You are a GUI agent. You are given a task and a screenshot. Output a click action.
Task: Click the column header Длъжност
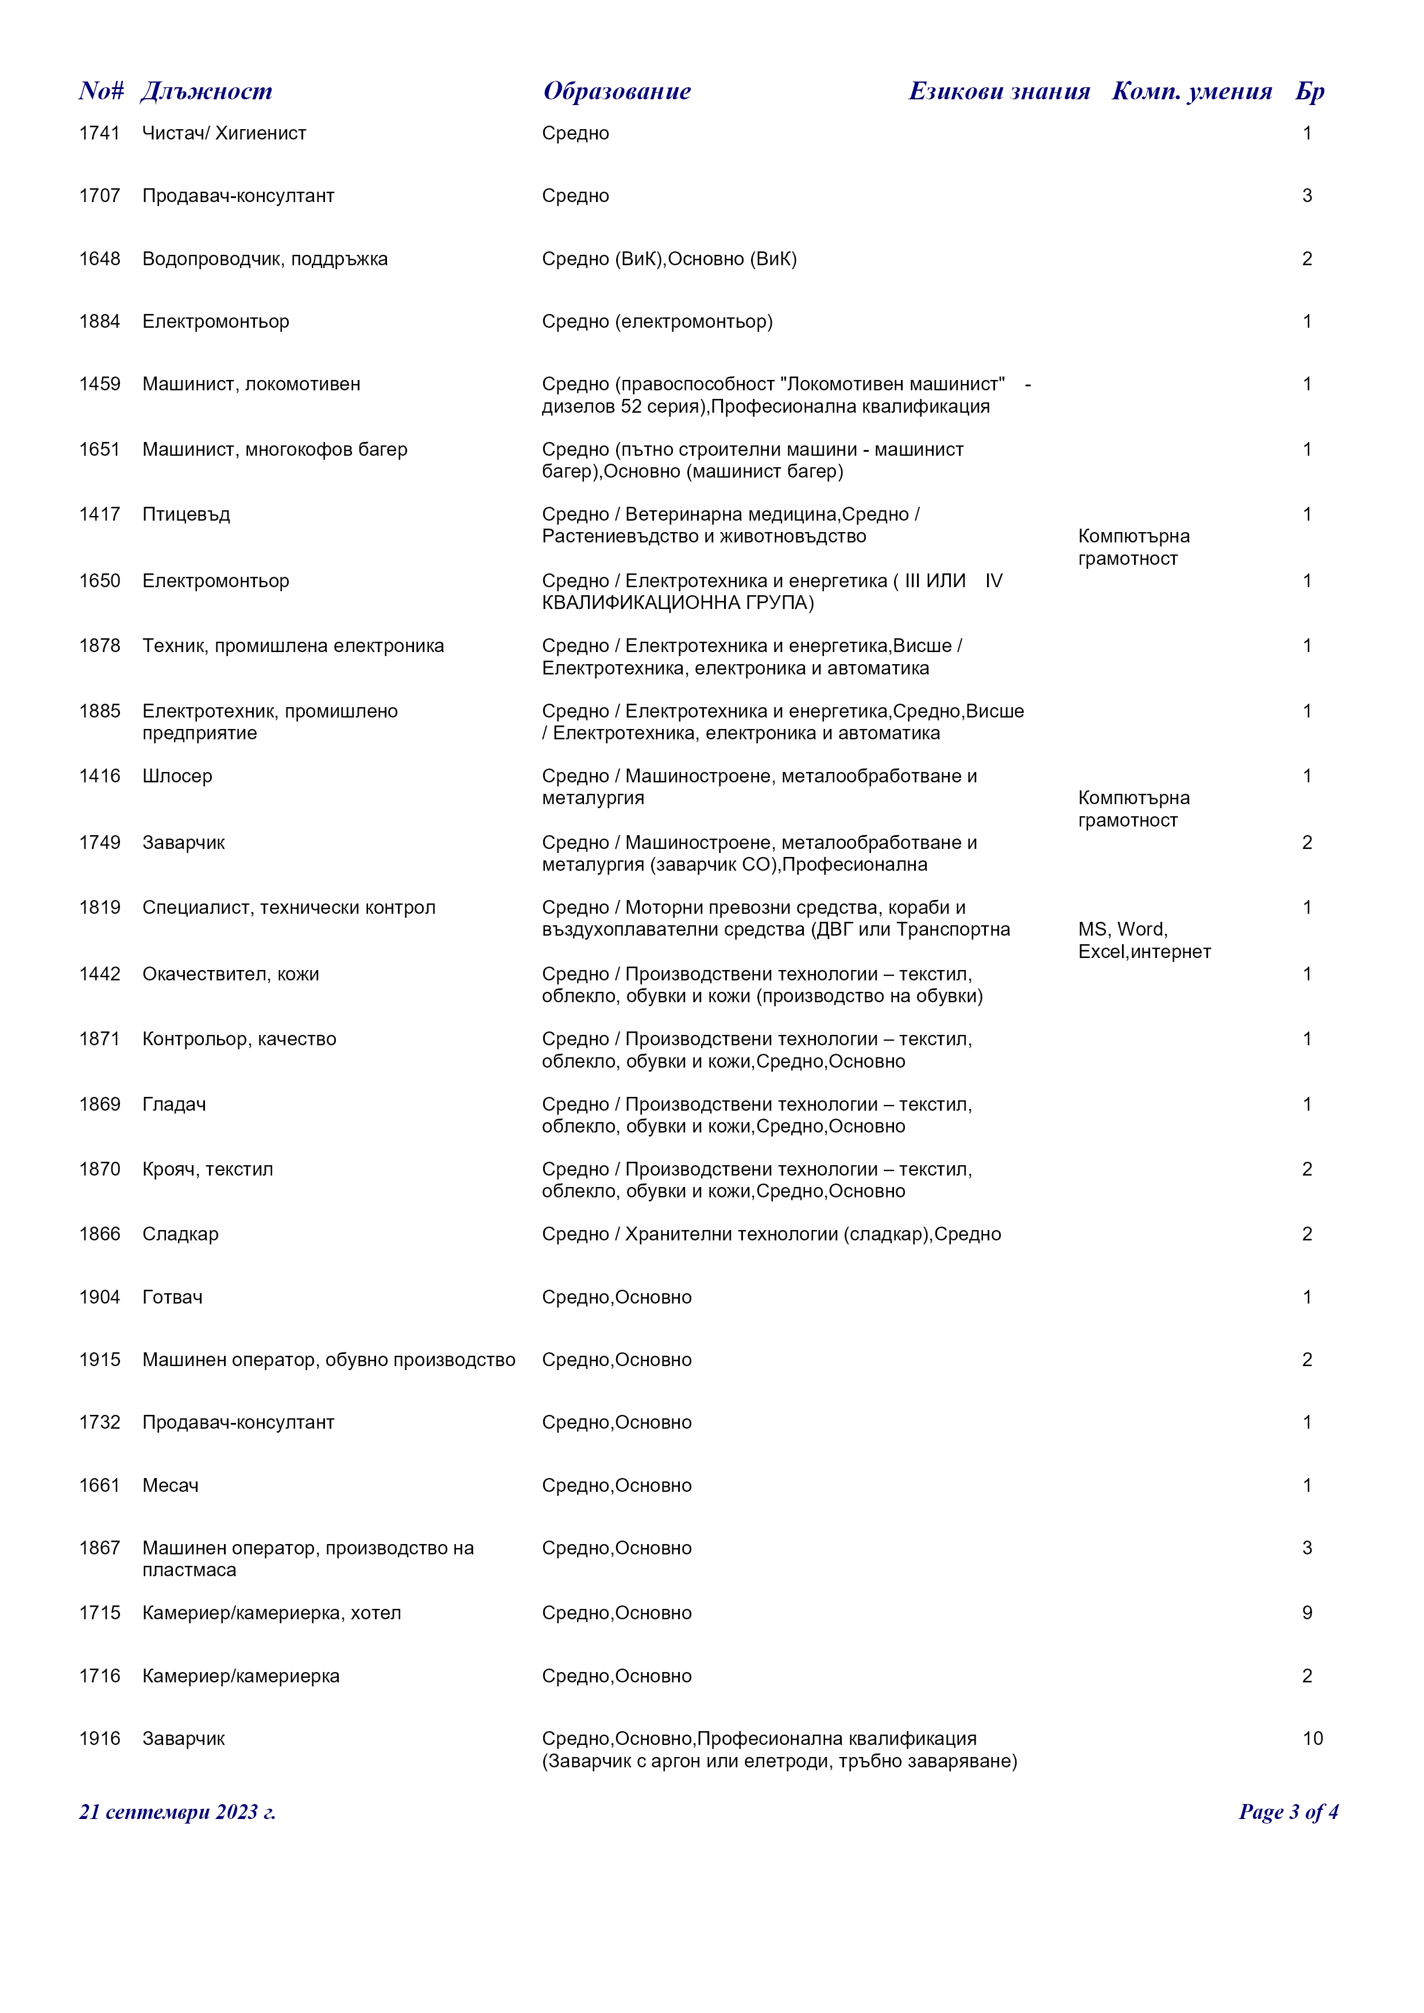click(206, 91)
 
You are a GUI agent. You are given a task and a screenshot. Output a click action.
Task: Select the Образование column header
click(617, 91)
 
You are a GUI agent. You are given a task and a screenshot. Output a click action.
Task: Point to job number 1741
click(99, 133)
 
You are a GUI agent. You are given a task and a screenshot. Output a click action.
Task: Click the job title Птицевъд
click(186, 515)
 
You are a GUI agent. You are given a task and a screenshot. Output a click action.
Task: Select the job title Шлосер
click(177, 776)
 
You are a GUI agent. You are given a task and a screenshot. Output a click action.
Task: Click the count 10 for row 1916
click(1312, 1739)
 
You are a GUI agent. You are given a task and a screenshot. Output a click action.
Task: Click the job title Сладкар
click(181, 1235)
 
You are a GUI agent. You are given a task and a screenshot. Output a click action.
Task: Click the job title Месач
click(170, 1486)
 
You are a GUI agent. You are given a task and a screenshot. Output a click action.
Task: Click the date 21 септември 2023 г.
click(177, 1812)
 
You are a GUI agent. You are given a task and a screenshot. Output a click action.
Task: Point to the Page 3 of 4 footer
click(1287, 1812)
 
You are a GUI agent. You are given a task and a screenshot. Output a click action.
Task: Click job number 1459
click(99, 384)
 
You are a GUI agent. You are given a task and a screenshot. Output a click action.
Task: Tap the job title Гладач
click(175, 1105)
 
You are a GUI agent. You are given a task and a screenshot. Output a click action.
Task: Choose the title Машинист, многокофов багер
click(274, 450)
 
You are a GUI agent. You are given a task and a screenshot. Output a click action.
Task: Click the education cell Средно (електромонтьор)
click(657, 322)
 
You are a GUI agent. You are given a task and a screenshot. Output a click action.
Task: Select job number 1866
click(99, 1235)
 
